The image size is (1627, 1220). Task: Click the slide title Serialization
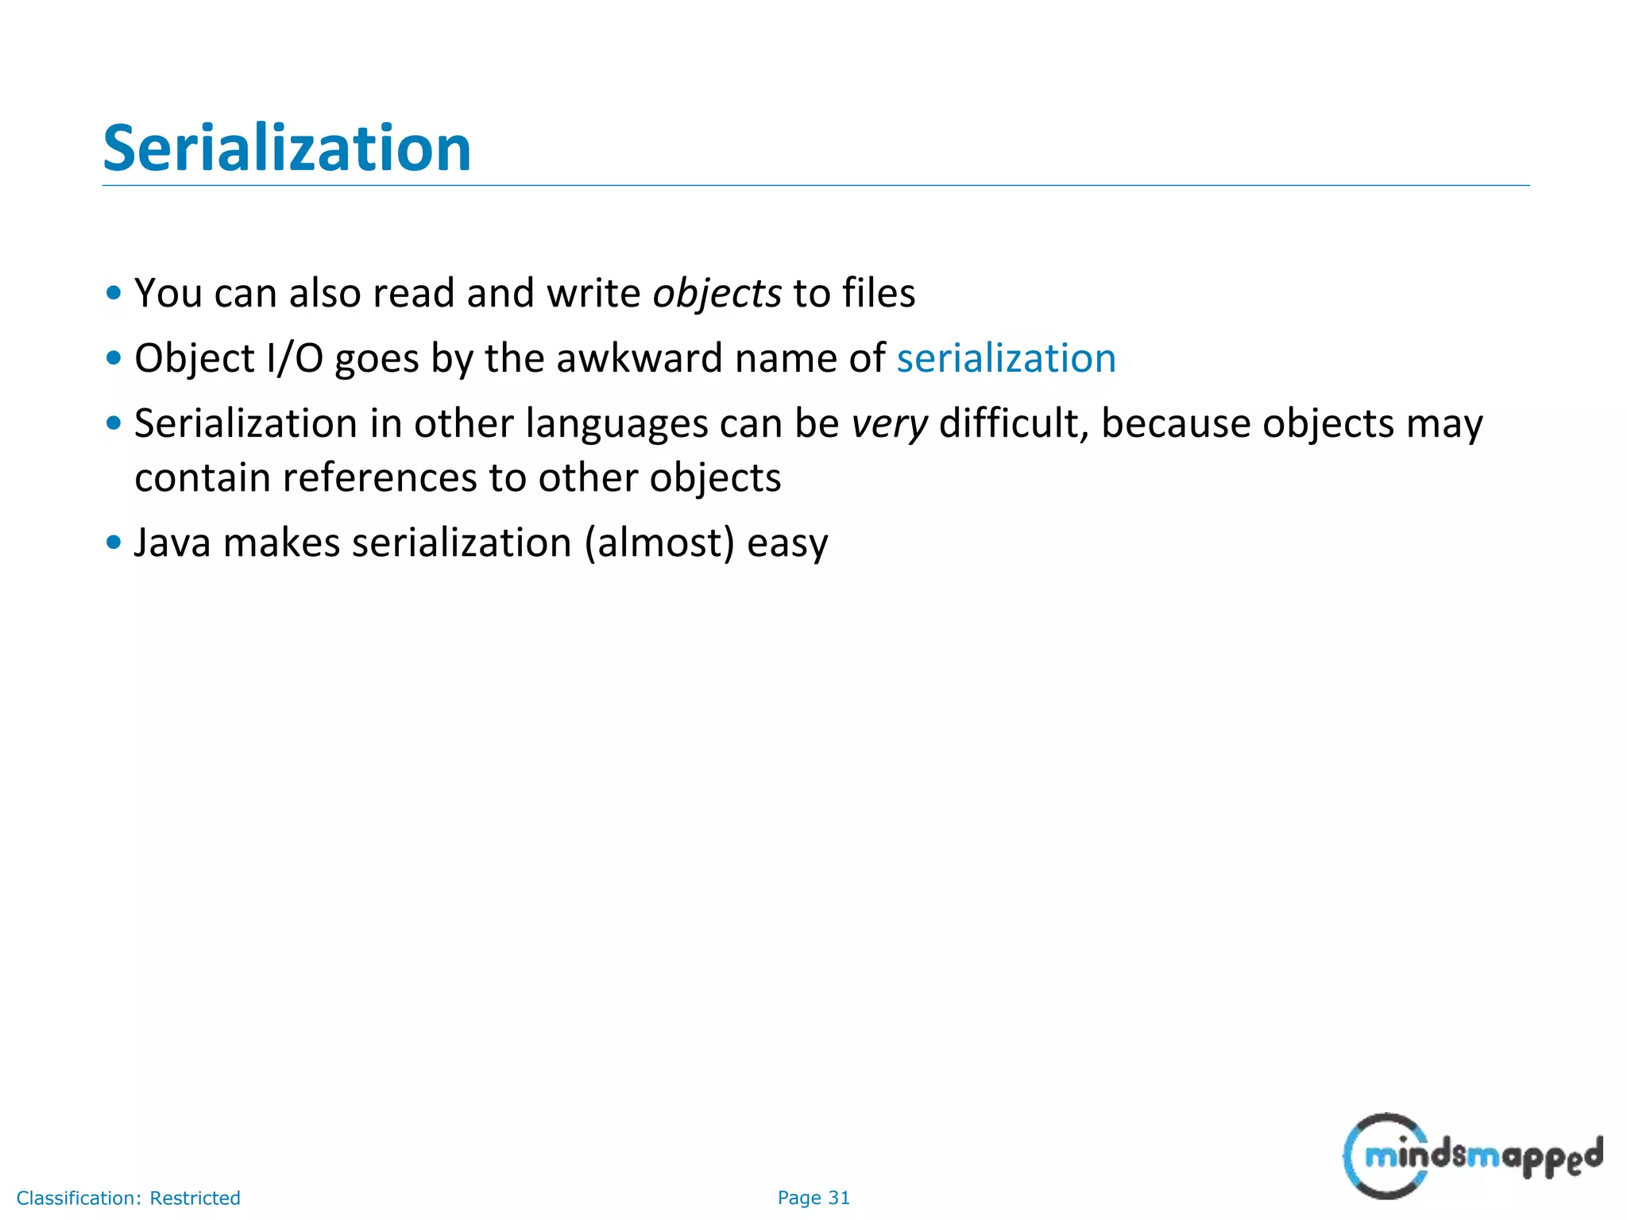(x=287, y=149)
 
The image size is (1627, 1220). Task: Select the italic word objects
(x=717, y=294)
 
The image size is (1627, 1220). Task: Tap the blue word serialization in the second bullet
(x=1006, y=359)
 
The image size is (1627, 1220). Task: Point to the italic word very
(x=889, y=424)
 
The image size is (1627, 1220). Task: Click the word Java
(x=172, y=543)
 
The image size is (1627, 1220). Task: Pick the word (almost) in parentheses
(x=659, y=544)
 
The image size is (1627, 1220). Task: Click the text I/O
(x=295, y=359)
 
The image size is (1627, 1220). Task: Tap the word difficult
(x=1013, y=423)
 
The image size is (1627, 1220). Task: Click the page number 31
(x=839, y=1198)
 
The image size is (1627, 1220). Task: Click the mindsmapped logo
(x=1472, y=1156)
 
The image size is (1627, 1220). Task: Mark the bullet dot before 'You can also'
(x=114, y=293)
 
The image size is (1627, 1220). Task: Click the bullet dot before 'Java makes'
(x=114, y=543)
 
